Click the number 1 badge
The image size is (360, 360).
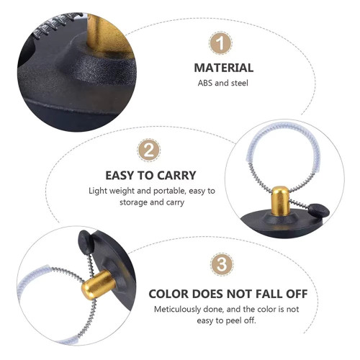[220, 43]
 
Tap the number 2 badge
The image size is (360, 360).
[149, 150]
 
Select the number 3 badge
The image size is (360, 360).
[222, 264]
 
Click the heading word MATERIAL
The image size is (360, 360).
[224, 68]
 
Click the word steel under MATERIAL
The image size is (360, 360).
[240, 83]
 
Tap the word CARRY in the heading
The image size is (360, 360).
[178, 176]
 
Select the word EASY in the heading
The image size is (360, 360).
[120, 176]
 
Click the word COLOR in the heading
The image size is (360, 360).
[168, 294]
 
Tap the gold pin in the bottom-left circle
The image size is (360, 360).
[98, 285]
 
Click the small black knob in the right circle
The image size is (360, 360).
[318, 210]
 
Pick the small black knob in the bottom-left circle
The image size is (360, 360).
[86, 241]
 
